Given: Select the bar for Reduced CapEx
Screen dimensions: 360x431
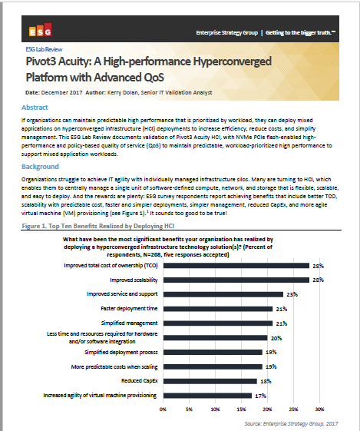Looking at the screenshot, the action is click(209, 381).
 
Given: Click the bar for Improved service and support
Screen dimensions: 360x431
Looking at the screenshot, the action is click(223, 294).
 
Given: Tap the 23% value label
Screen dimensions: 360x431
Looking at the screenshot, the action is click(290, 294).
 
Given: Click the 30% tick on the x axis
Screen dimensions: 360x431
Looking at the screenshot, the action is click(322, 410).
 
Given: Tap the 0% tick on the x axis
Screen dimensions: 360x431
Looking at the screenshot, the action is click(162, 410).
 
